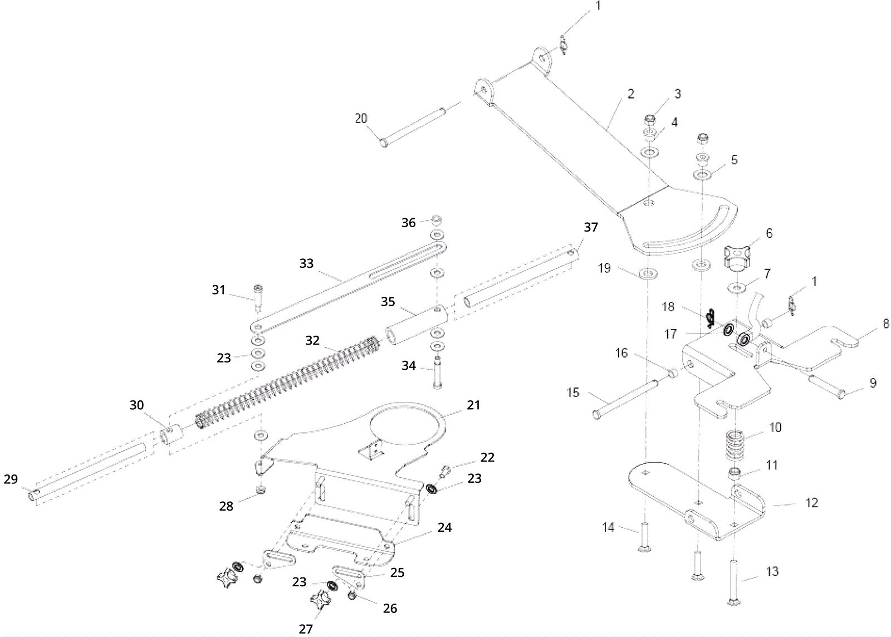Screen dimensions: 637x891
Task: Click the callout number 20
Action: [x=361, y=118]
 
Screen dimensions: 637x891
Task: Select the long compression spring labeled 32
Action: [x=287, y=384]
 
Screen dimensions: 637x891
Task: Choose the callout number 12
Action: [x=812, y=503]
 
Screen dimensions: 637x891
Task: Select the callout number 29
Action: [x=11, y=479]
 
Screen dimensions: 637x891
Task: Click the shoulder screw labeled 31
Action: [x=260, y=297]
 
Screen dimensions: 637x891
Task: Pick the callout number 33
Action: [x=306, y=263]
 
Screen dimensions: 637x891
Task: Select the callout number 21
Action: [x=473, y=405]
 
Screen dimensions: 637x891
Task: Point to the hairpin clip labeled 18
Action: [x=709, y=319]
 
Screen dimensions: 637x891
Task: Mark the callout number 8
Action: [x=886, y=324]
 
